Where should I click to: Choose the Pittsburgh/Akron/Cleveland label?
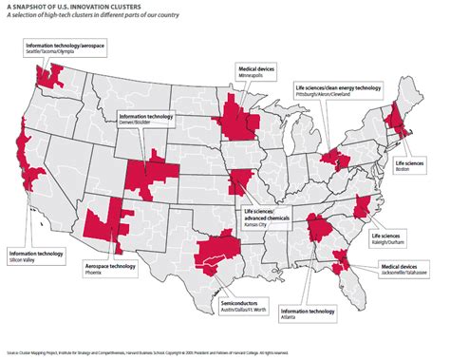[339, 91]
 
